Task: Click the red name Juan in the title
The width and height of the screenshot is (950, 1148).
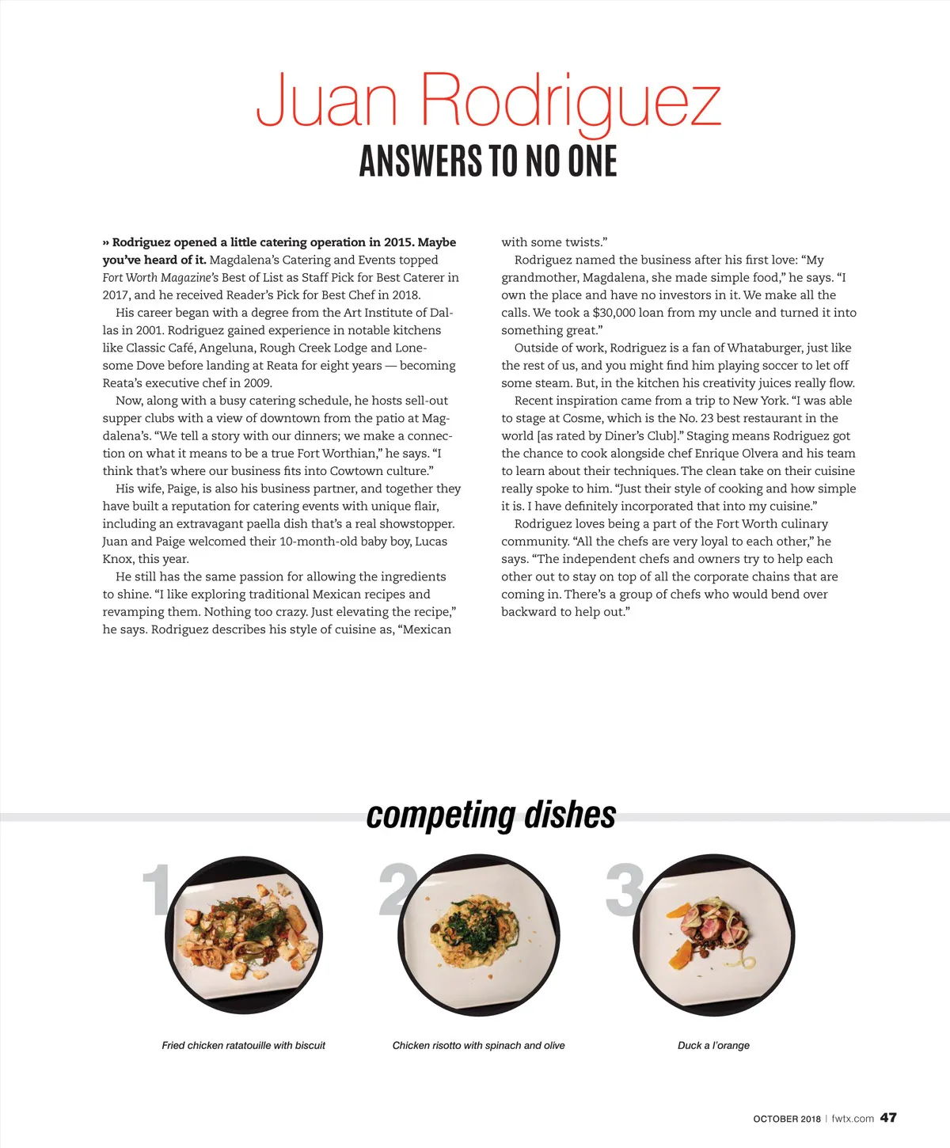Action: pos(326,101)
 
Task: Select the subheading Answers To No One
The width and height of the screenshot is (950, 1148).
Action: pos(488,161)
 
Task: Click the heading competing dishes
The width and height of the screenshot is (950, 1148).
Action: pos(491,815)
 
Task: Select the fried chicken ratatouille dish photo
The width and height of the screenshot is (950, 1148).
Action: pos(244,936)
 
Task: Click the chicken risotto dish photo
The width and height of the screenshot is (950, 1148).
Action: pos(478,936)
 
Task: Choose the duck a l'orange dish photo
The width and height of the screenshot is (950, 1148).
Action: pos(714,936)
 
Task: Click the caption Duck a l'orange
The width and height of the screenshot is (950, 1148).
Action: pos(713,1045)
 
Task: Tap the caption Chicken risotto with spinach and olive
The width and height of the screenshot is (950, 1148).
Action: pos(478,1045)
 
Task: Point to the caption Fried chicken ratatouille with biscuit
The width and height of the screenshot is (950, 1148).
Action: pos(243,1045)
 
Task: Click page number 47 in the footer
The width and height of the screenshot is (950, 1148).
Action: pos(888,1117)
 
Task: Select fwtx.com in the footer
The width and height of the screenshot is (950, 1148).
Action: pos(853,1119)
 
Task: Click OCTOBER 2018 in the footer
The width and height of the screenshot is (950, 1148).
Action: pos(787,1119)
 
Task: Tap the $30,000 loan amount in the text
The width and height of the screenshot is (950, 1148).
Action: pos(614,313)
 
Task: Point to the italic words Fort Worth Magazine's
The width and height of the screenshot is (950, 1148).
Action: pos(160,278)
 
